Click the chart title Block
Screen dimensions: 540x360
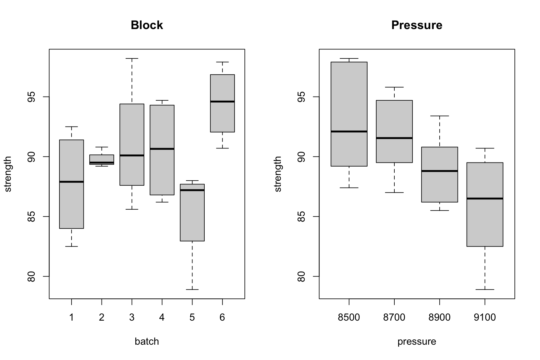click(147, 25)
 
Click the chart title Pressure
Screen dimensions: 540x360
click(417, 25)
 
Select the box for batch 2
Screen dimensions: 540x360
click(102, 160)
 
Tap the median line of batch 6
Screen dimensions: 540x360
click(222, 102)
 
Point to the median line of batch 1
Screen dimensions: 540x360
click(72, 182)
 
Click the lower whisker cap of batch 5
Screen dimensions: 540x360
click(192, 290)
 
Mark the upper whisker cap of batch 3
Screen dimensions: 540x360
click(132, 58)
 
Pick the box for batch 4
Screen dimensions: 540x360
click(162, 150)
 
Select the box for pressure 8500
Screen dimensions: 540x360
click(349, 114)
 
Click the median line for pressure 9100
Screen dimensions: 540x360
click(485, 198)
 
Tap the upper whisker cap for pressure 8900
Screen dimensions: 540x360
click(440, 116)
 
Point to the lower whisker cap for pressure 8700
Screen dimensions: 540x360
click(394, 192)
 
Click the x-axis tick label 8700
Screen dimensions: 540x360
click(394, 317)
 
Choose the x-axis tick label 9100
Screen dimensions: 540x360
click(485, 317)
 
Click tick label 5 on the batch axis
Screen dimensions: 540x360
click(192, 317)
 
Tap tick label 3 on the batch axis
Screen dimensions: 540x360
click(132, 317)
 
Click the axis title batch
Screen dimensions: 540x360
click(147, 341)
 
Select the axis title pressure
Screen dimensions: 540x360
click(417, 342)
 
